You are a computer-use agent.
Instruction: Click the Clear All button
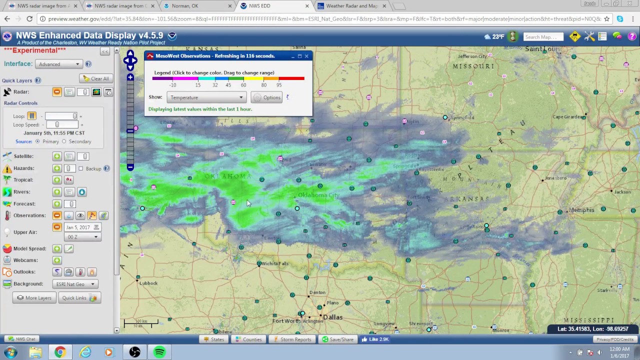(x=96, y=78)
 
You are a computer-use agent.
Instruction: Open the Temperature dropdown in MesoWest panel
(x=206, y=97)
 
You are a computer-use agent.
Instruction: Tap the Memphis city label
(x=581, y=210)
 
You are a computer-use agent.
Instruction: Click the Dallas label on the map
(x=332, y=317)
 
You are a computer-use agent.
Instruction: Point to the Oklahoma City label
(x=318, y=195)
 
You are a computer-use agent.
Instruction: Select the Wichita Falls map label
(x=275, y=263)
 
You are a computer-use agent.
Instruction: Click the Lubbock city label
(x=148, y=283)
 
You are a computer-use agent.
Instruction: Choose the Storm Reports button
(x=292, y=339)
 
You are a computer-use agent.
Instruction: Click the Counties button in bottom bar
(x=248, y=339)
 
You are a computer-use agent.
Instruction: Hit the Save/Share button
(x=338, y=339)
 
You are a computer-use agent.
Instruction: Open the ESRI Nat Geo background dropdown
(x=75, y=284)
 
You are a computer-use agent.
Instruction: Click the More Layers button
(x=34, y=298)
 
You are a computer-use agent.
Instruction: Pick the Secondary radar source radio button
(x=64, y=141)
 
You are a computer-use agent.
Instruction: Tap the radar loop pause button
(x=31, y=116)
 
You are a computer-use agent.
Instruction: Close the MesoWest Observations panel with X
(x=306, y=56)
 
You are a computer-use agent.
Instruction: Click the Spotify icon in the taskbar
(x=159, y=352)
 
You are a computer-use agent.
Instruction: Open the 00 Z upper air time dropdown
(x=82, y=237)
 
